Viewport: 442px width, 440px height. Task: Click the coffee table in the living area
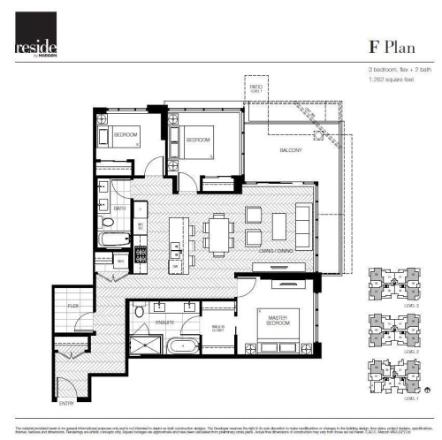(253, 225)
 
